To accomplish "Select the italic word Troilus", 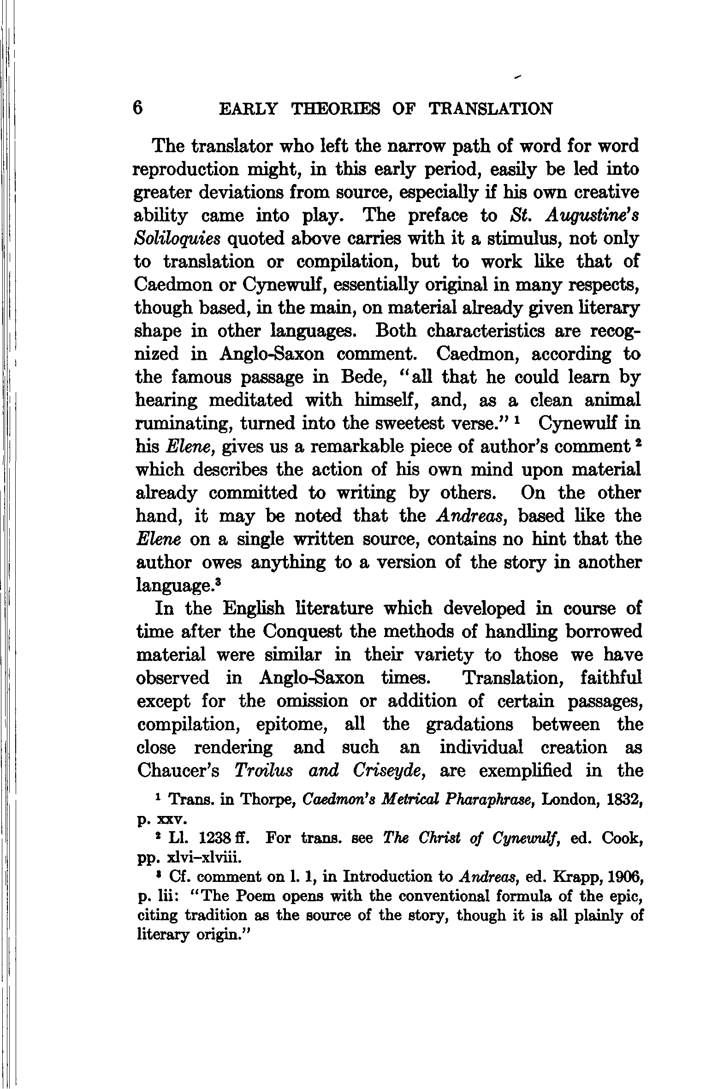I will click(263, 770).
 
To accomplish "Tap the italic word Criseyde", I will click(389, 771).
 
